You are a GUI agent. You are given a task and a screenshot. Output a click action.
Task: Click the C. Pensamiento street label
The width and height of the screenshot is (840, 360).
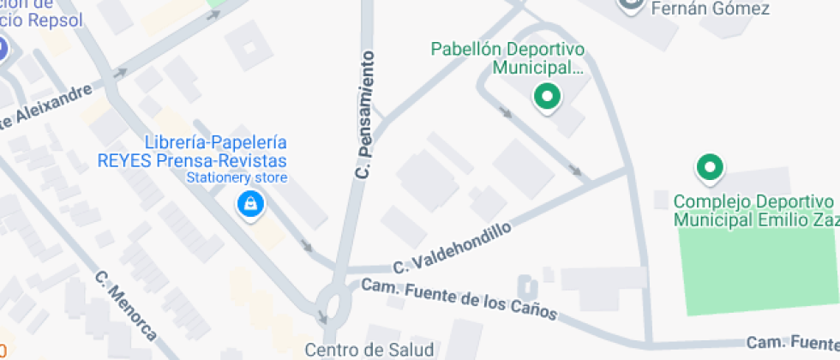tap(366, 114)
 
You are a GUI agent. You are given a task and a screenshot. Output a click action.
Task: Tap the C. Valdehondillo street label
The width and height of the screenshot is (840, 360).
tap(453, 249)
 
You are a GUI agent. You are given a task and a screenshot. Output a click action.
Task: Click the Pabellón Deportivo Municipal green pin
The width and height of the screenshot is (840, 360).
tap(547, 97)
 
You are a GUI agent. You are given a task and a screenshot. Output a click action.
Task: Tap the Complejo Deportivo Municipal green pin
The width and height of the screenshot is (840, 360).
tap(709, 168)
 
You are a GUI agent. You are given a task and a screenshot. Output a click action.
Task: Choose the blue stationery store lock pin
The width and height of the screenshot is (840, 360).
tap(250, 205)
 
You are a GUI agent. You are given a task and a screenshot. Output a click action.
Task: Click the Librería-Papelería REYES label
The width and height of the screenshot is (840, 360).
tap(216, 151)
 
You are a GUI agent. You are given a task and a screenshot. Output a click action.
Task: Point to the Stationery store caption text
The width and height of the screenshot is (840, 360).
tap(237, 178)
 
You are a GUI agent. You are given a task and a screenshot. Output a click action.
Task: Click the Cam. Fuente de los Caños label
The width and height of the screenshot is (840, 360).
tap(459, 298)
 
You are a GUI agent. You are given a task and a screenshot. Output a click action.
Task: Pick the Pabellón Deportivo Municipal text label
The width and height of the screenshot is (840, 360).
tap(507, 57)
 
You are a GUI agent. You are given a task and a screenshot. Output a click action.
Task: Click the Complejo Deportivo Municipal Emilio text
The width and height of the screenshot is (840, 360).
tap(755, 211)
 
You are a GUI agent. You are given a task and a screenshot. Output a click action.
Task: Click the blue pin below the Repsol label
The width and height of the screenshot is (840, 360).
tap(3, 50)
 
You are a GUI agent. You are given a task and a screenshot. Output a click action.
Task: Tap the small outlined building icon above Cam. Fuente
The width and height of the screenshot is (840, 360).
tap(528, 287)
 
